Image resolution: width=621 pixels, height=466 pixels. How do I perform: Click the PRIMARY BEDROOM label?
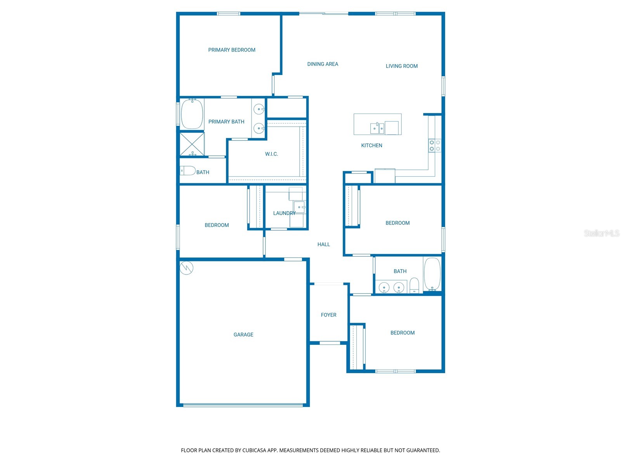click(x=232, y=50)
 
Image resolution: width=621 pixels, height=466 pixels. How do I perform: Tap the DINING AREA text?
click(x=323, y=64)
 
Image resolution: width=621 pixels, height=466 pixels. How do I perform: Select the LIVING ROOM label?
click(x=402, y=66)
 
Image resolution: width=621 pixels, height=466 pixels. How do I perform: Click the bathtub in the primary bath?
click(x=192, y=114)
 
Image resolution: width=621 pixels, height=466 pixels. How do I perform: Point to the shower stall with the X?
click(x=192, y=144)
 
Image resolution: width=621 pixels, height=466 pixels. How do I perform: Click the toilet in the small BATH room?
click(x=187, y=170)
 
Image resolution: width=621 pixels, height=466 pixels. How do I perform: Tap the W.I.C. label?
click(x=271, y=154)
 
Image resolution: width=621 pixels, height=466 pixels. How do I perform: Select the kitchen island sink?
click(x=377, y=128)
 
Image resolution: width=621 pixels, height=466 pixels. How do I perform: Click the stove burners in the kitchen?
click(x=435, y=146)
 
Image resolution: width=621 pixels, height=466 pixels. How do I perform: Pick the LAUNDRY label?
click(x=284, y=213)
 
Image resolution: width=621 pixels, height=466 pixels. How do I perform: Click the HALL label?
click(x=324, y=244)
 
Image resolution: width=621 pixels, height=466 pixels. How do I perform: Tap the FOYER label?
click(x=328, y=315)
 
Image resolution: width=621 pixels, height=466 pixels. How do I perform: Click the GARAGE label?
click(x=243, y=335)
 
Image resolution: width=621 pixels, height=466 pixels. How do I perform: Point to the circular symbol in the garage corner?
click(x=187, y=268)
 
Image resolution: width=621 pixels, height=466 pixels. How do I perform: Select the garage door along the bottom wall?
click(x=243, y=405)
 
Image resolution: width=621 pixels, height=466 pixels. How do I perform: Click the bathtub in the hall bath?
click(x=432, y=274)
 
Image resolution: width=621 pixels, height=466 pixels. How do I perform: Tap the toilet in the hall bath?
click(x=415, y=285)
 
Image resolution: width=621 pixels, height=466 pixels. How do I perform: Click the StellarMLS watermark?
click(x=601, y=233)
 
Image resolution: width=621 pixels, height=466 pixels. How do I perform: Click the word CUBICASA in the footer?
click(x=254, y=450)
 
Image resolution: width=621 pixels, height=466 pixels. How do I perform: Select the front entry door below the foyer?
click(x=330, y=343)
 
